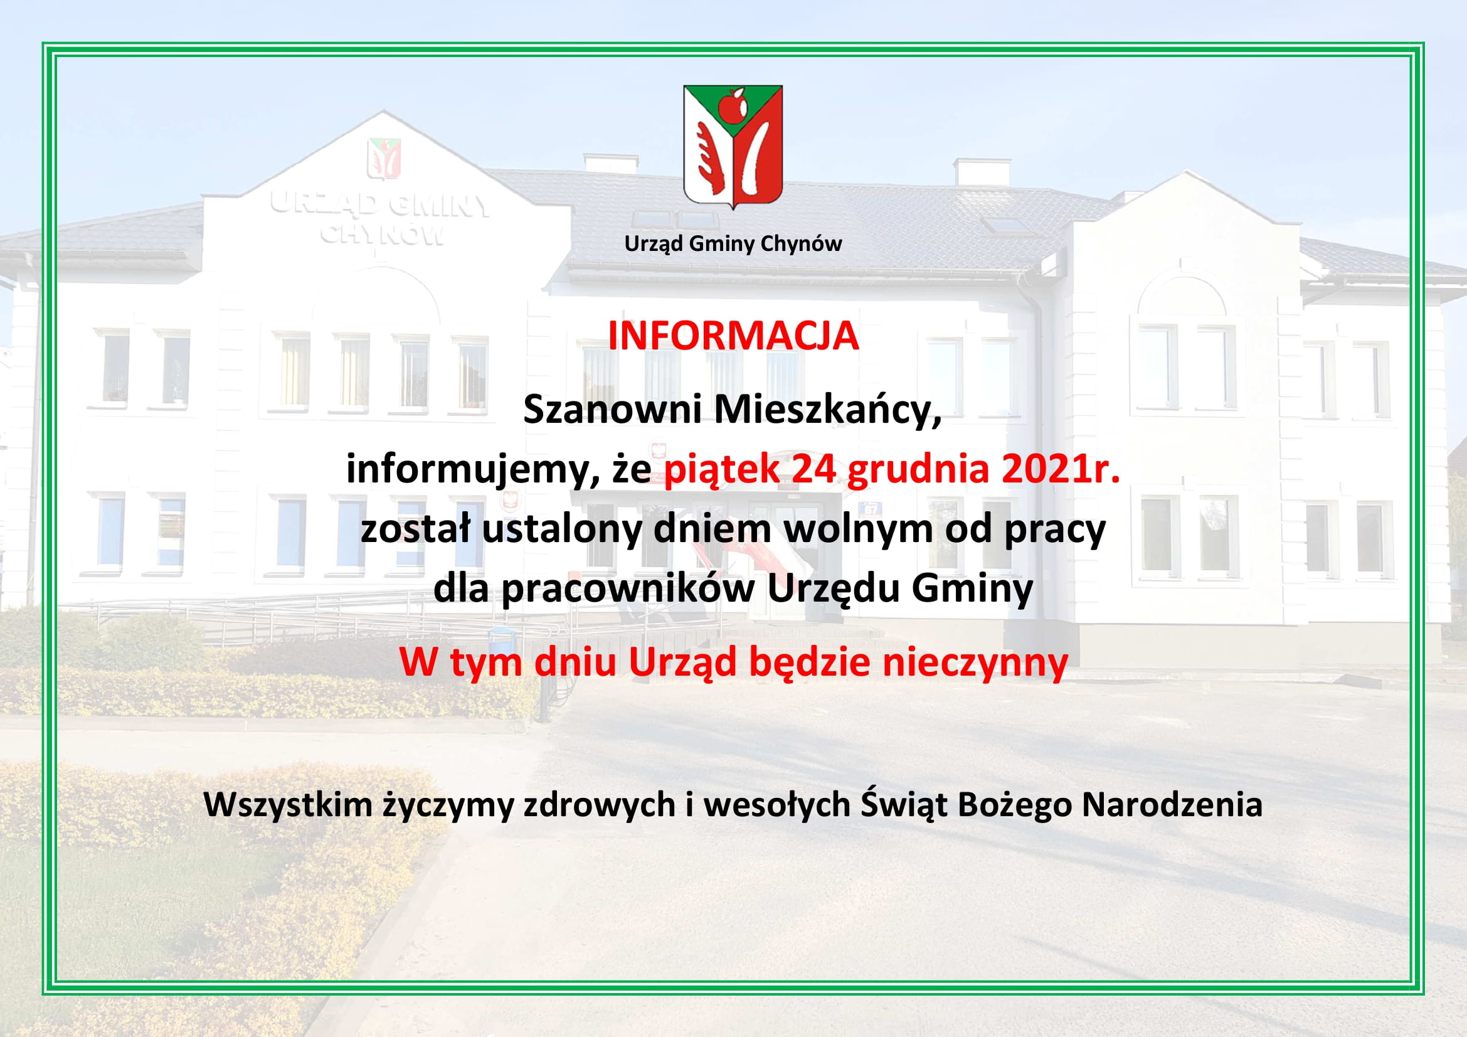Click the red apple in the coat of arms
click(x=732, y=105)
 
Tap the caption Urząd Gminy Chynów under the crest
click(x=733, y=243)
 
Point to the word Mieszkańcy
click(x=828, y=411)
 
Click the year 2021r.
click(x=1061, y=470)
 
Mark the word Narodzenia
click(x=1172, y=804)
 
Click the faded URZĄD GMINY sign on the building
click(x=380, y=204)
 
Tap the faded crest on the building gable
click(x=384, y=159)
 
